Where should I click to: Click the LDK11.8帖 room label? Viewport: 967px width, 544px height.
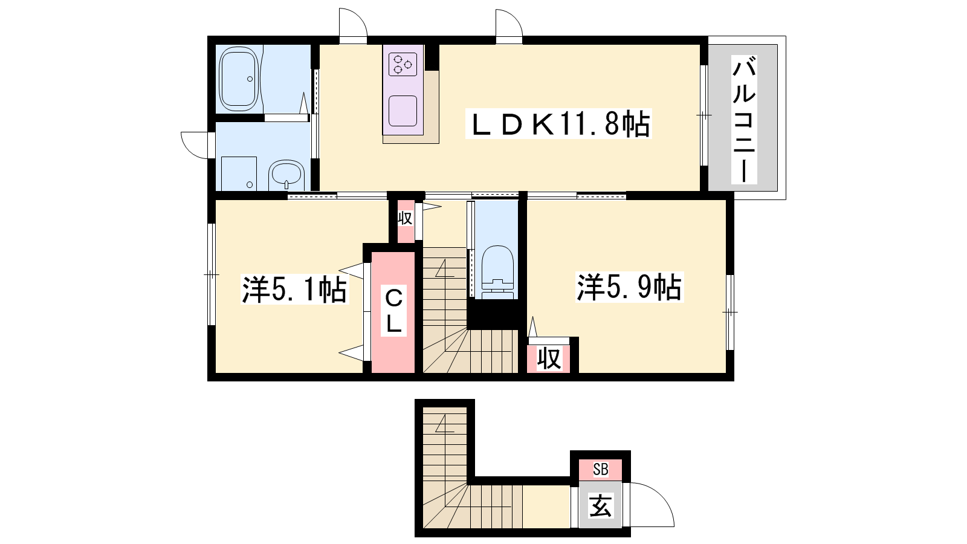click(558, 125)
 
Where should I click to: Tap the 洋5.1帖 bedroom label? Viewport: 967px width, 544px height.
click(295, 290)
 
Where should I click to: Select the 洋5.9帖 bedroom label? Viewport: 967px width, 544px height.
click(629, 287)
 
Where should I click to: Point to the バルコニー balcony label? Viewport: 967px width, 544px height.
click(744, 120)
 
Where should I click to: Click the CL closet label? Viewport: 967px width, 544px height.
click(393, 312)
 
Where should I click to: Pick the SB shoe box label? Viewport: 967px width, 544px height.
click(601, 470)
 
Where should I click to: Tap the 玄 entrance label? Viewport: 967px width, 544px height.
click(601, 505)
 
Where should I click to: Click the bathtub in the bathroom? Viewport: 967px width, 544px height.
click(239, 79)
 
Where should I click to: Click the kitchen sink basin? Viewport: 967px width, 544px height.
click(403, 111)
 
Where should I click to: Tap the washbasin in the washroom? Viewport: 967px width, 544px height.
click(286, 175)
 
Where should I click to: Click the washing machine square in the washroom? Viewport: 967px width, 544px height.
click(239, 173)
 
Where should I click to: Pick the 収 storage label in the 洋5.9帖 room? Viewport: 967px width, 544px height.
click(549, 358)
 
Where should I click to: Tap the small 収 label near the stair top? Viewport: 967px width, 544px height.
click(405, 218)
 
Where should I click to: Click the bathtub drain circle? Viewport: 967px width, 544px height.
click(250, 79)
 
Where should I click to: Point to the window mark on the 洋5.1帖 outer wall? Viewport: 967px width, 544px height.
click(211, 274)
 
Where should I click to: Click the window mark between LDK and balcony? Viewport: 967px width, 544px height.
click(703, 115)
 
